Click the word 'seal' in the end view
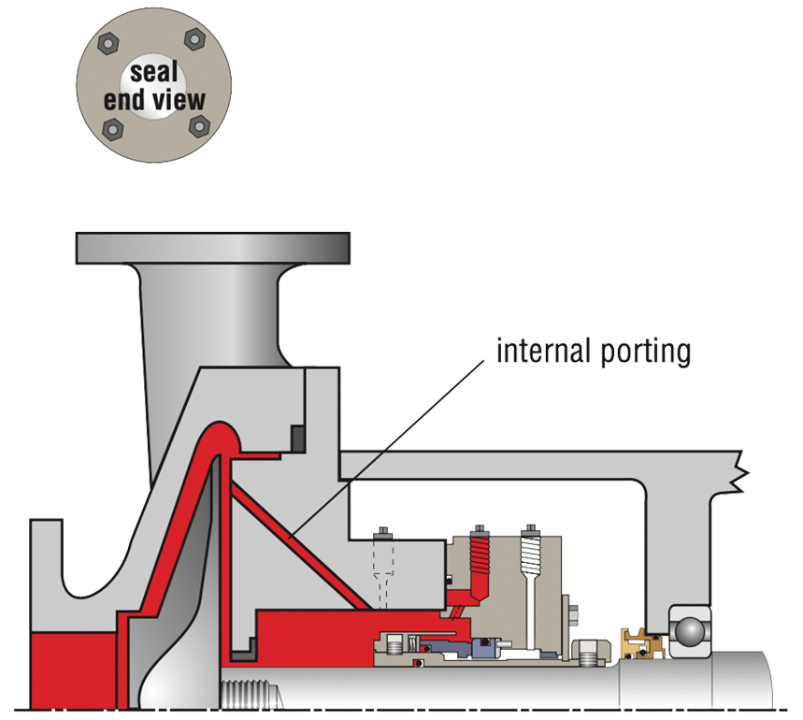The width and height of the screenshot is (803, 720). (154, 74)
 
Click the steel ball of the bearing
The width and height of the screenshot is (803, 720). (689, 631)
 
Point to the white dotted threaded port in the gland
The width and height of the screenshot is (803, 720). (528, 559)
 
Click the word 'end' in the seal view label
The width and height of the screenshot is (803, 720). (122, 99)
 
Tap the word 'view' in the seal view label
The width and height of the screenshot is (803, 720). (178, 99)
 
